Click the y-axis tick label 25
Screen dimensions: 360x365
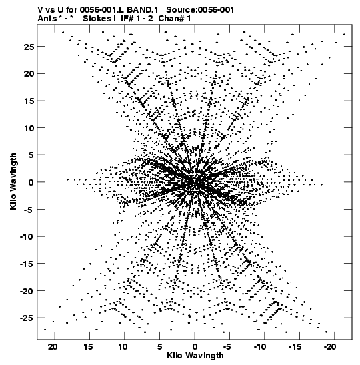point(29,47)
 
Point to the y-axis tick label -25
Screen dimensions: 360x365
point(27,318)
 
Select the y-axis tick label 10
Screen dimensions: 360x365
point(29,128)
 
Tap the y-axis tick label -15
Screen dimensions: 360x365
point(27,264)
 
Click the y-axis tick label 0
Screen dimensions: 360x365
point(31,183)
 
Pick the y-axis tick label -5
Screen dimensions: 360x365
point(29,210)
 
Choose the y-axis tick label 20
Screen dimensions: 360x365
point(29,74)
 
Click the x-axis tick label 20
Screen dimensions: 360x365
point(53,347)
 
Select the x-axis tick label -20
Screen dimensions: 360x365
point(330,347)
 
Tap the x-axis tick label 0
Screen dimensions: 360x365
point(195,347)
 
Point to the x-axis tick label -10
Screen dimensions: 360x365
point(260,347)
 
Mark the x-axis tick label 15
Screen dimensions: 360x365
point(88,347)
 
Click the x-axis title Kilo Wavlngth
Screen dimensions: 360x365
point(195,356)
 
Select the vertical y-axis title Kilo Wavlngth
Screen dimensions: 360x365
point(13,181)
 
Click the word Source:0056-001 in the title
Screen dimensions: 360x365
point(200,10)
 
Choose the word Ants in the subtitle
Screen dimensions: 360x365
point(47,19)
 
